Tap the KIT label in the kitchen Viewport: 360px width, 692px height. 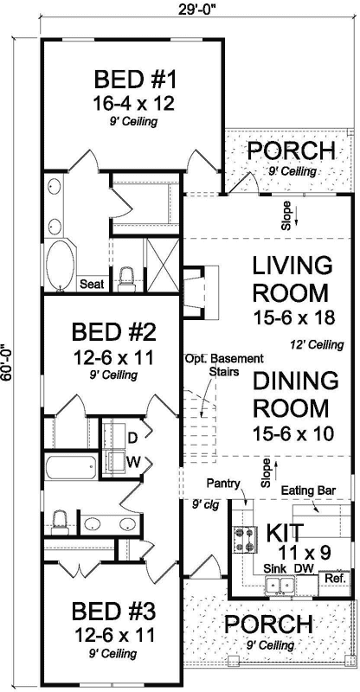[x=284, y=529]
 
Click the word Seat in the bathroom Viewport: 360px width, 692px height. [x=92, y=283]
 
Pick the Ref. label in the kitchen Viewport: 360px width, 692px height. [x=334, y=576]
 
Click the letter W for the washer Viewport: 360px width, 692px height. [x=135, y=461]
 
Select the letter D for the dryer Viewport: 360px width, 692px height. [x=135, y=438]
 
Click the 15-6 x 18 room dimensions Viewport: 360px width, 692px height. [x=292, y=319]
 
